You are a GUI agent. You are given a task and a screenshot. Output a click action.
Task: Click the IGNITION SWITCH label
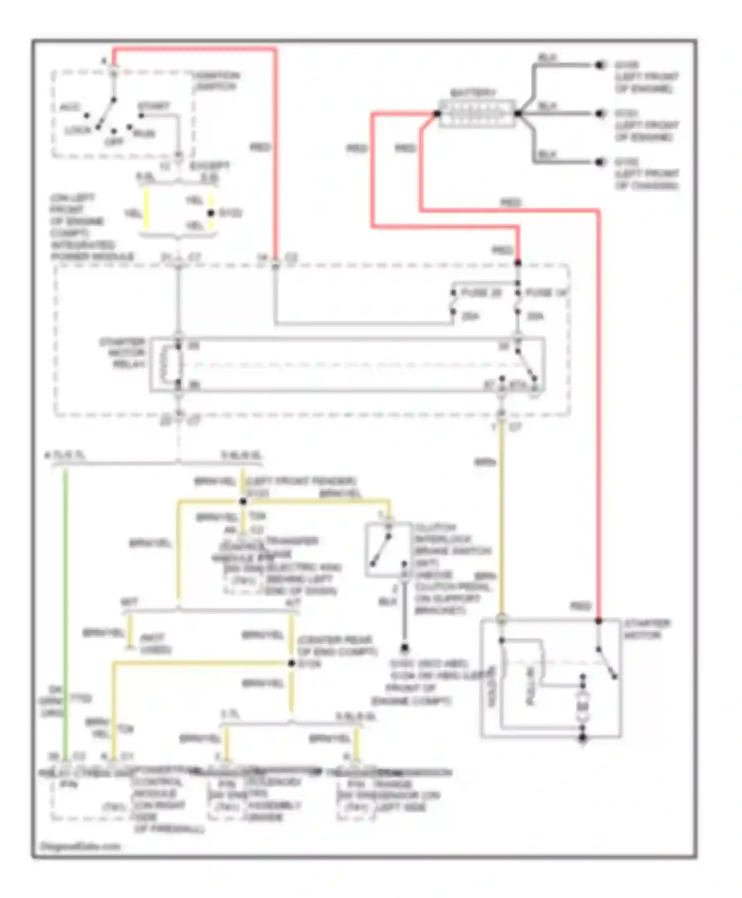[216, 81]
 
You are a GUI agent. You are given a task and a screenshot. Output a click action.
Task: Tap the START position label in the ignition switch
[153, 106]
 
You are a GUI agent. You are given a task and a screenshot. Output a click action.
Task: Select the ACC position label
[70, 107]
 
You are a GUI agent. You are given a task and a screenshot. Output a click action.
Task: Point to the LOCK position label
[78, 130]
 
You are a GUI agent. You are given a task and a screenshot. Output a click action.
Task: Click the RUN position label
[144, 134]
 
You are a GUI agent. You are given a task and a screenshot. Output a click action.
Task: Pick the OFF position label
[114, 142]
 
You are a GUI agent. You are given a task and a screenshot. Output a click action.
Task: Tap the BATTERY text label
[473, 93]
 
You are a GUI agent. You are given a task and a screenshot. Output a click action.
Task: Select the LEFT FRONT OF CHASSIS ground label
[646, 174]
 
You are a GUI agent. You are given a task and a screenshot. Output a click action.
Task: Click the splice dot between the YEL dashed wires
[211, 213]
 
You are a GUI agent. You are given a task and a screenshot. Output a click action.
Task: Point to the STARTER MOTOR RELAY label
[123, 353]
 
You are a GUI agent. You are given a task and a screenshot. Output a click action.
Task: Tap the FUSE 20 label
[481, 293]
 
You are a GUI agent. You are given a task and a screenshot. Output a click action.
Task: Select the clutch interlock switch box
[388, 549]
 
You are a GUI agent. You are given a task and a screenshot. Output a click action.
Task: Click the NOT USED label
[155, 644]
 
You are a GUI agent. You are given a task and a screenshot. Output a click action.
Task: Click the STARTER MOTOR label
[647, 629]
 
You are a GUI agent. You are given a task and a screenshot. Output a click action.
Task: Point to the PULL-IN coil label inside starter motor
[530, 686]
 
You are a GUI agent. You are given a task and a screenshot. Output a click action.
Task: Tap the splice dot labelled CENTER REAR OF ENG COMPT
[291, 663]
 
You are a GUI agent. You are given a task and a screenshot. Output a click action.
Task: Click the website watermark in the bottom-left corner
[80, 846]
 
